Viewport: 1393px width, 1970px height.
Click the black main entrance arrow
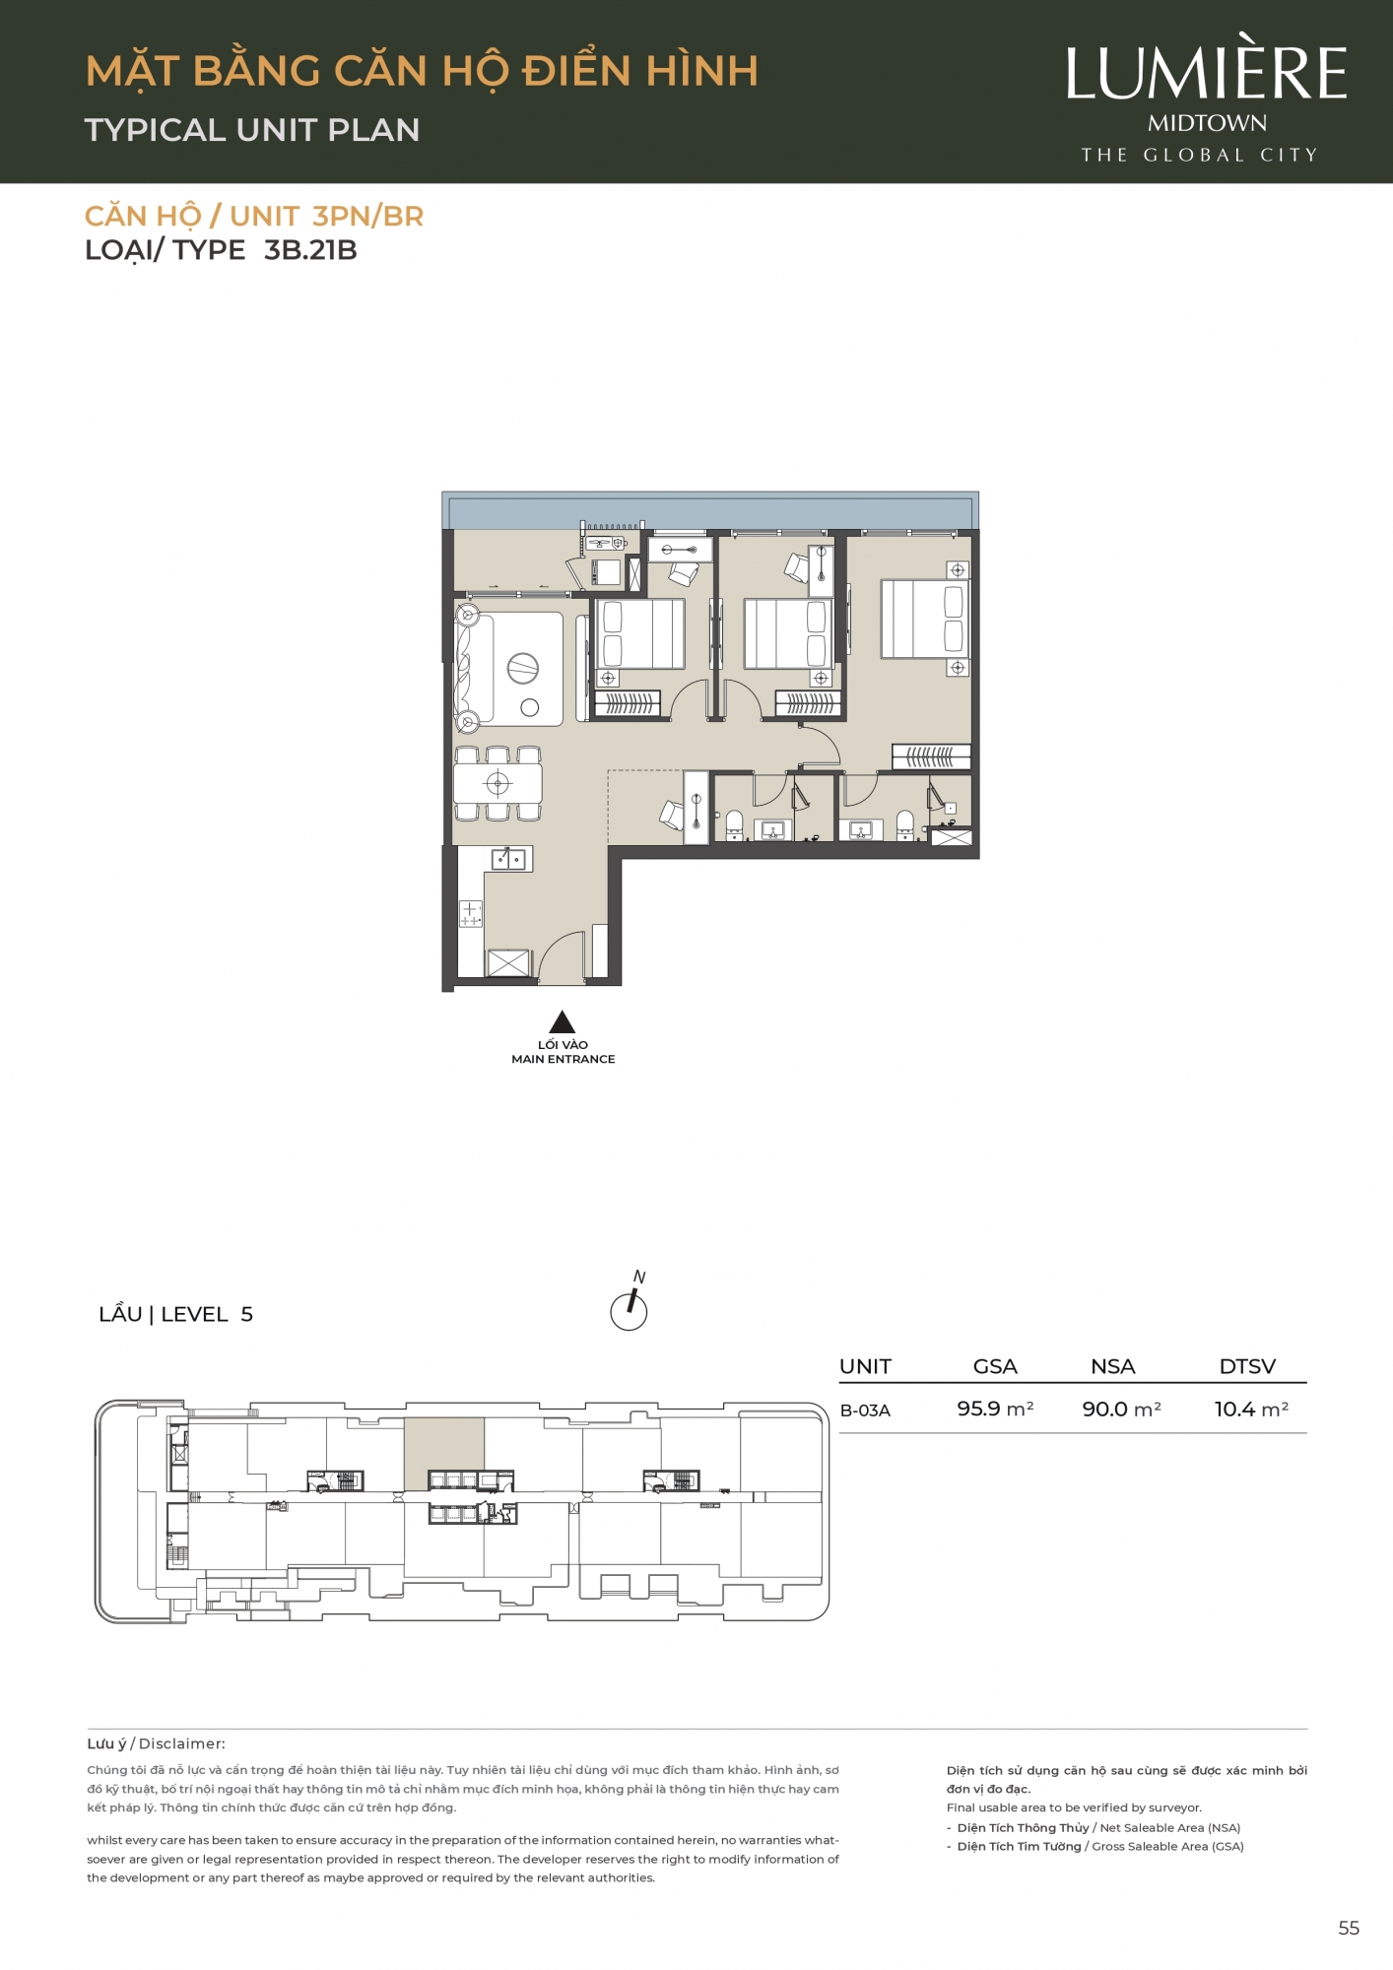[563, 1021]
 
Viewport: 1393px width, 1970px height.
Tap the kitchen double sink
[508, 859]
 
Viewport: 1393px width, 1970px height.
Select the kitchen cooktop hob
[471, 914]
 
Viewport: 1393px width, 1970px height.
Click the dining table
[497, 784]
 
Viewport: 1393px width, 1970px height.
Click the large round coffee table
[523, 669]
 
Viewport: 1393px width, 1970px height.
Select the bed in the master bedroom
[924, 619]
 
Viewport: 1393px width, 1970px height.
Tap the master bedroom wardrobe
[931, 756]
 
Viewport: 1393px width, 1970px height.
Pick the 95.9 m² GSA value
[995, 1410]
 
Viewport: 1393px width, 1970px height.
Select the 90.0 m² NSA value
[1121, 1410]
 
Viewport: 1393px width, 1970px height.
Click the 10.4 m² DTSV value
[1251, 1410]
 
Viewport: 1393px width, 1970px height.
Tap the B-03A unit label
[865, 1411]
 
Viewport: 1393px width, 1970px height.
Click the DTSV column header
[1247, 1366]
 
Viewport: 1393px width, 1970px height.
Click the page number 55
[1349, 1929]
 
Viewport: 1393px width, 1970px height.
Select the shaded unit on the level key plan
[444, 1454]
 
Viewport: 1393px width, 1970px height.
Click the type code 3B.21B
[310, 250]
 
